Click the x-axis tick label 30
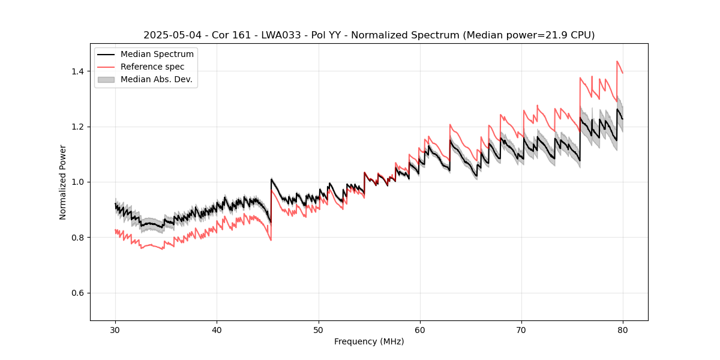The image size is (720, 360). coord(116,330)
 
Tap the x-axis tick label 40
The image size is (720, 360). coord(217,330)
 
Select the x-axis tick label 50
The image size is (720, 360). coord(319,330)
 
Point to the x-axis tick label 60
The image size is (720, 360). coord(420,330)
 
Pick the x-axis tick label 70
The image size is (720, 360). coord(521,330)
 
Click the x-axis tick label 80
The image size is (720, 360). coord(623,330)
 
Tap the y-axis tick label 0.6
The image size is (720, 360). coord(79,293)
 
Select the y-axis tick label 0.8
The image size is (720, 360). coord(79,238)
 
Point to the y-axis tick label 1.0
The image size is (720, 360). coord(79,182)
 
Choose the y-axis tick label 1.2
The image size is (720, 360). coord(79,127)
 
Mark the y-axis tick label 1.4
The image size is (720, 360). coord(79,71)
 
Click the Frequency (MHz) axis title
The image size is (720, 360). coord(369,341)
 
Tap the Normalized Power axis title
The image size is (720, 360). coord(63,182)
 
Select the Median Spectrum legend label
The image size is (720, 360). coord(157,55)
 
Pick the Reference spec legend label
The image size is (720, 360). coord(152,67)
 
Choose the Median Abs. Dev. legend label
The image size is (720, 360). coord(156,79)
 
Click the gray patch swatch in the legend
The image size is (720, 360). coord(106,79)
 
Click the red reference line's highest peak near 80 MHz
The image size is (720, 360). coord(617,61)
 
